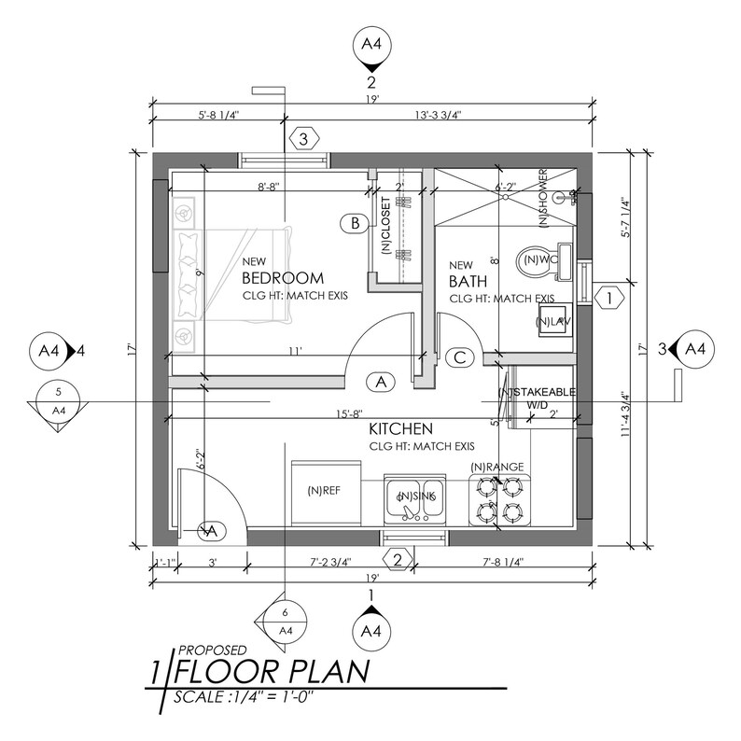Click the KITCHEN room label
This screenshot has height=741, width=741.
pyautogui.click(x=400, y=428)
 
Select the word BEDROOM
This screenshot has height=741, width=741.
pyautogui.click(x=282, y=278)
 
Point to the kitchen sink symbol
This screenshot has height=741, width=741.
pyautogui.click(x=416, y=502)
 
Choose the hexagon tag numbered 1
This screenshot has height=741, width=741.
pyautogui.click(x=608, y=299)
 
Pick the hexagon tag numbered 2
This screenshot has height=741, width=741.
pyautogui.click(x=398, y=560)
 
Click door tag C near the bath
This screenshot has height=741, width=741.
pyautogui.click(x=459, y=357)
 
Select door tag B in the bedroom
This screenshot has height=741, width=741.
pyautogui.click(x=355, y=223)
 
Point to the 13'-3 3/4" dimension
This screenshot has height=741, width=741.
pyautogui.click(x=437, y=116)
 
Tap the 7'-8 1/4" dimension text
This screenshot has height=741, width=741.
pyautogui.click(x=503, y=563)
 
